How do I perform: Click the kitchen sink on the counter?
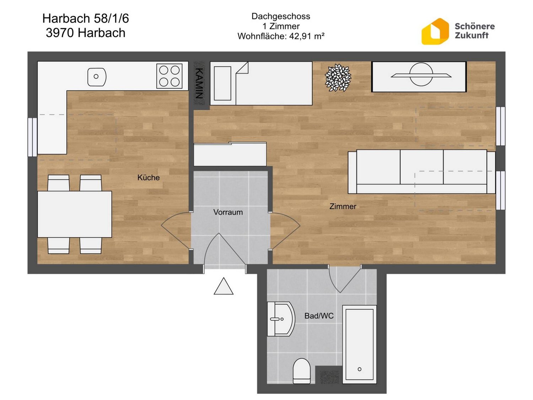97,77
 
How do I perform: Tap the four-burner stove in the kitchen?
169,76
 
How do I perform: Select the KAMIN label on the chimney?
199,83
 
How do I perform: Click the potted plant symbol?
338,78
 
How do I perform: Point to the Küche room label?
149,177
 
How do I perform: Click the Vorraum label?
228,212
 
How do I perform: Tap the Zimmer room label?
343,207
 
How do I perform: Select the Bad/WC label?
319,316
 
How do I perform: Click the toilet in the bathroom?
302,371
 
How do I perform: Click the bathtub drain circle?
359,369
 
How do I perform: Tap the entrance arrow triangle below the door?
224,286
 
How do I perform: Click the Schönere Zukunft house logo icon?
435,31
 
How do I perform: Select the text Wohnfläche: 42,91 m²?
281,36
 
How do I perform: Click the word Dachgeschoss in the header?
281,16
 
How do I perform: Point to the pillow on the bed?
222,83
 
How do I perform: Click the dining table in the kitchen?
75,214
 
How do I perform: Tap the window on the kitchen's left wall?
32,137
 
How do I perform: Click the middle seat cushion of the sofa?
421,167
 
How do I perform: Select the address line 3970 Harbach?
86,33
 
